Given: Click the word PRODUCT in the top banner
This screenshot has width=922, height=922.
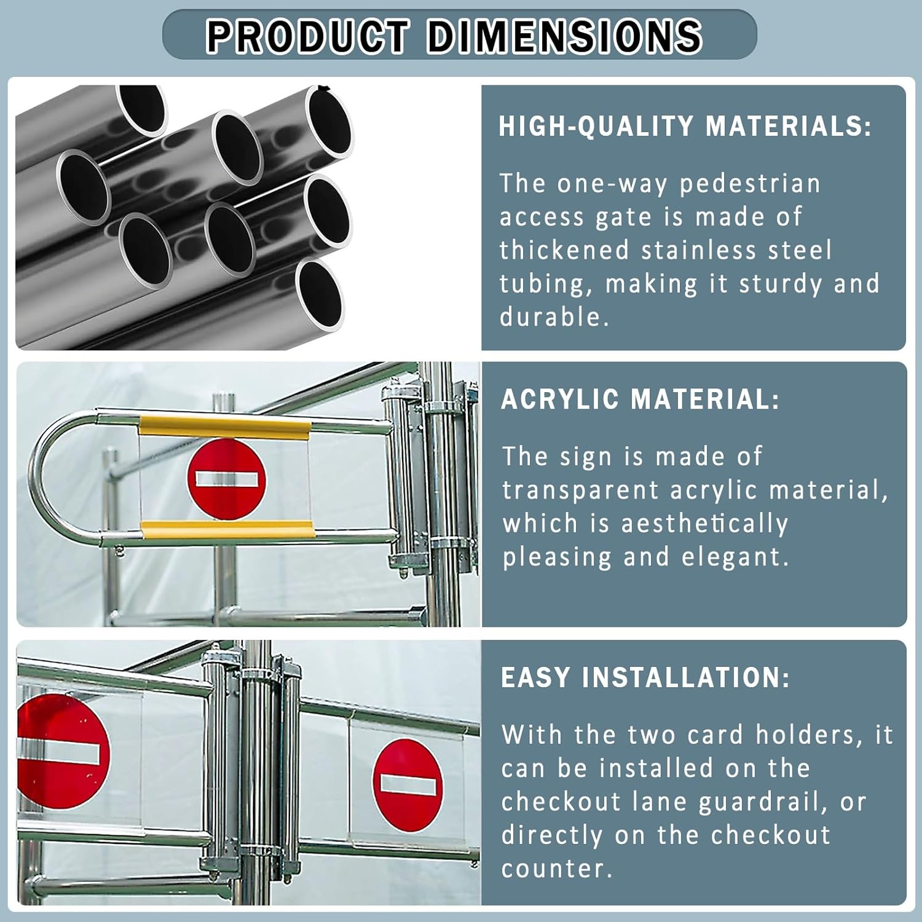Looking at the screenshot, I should (x=307, y=36).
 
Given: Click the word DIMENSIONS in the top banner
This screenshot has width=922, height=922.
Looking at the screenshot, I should (x=564, y=36).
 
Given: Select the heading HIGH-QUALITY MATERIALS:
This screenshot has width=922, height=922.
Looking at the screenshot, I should (x=685, y=127).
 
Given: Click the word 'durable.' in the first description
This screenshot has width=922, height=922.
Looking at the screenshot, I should (x=554, y=317).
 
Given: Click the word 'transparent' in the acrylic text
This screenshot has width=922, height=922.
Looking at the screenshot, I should (x=581, y=491).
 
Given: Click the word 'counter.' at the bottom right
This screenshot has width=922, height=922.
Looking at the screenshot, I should (x=557, y=869).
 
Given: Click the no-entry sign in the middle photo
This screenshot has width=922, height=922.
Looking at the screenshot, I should (x=227, y=479).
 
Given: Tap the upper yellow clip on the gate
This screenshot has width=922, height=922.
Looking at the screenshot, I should (x=224, y=427).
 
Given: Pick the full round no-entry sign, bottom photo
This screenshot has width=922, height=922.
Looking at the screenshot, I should (x=408, y=785).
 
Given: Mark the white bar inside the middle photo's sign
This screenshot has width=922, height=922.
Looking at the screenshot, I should (x=226, y=479).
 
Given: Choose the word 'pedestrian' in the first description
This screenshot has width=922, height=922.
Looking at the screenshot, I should (x=750, y=184).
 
